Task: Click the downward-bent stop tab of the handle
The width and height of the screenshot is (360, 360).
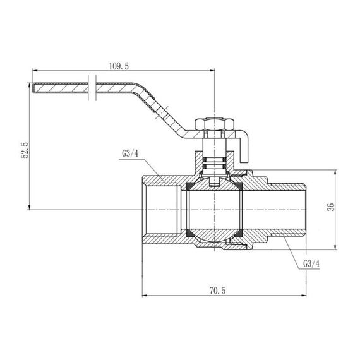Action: [x=245, y=146]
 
